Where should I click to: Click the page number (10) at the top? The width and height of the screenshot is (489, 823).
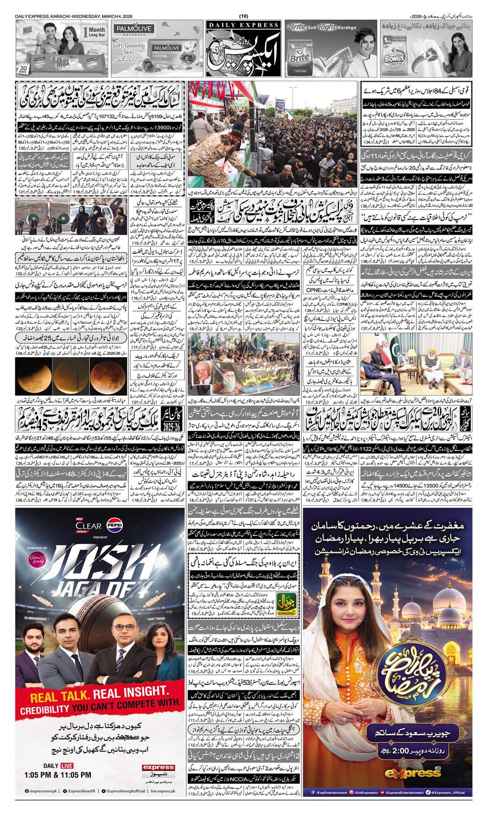pos(244,17)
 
